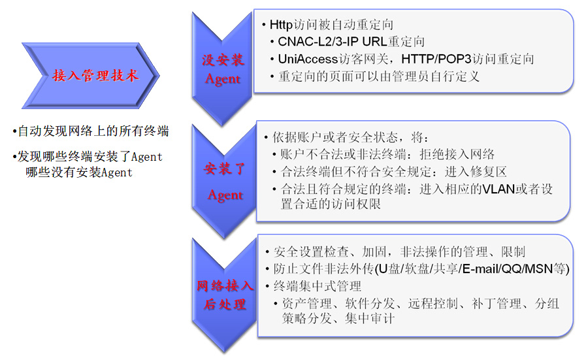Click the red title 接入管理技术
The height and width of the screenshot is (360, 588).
[95, 75]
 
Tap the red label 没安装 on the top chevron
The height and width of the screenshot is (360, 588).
[223, 60]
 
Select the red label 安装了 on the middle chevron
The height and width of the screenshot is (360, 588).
[224, 169]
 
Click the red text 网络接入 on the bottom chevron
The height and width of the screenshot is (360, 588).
[225, 286]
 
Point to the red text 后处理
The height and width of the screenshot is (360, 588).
[225, 304]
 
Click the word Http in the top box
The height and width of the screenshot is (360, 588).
[281, 25]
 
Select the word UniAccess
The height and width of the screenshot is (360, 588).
[308, 59]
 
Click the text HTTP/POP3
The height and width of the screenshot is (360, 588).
[436, 59]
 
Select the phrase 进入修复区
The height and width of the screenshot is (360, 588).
[476, 172]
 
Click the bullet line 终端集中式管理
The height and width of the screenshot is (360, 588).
[318, 286]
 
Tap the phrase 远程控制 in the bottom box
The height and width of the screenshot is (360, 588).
[433, 303]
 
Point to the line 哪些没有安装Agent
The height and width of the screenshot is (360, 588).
[79, 172]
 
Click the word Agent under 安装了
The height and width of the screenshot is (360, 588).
[225, 195]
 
